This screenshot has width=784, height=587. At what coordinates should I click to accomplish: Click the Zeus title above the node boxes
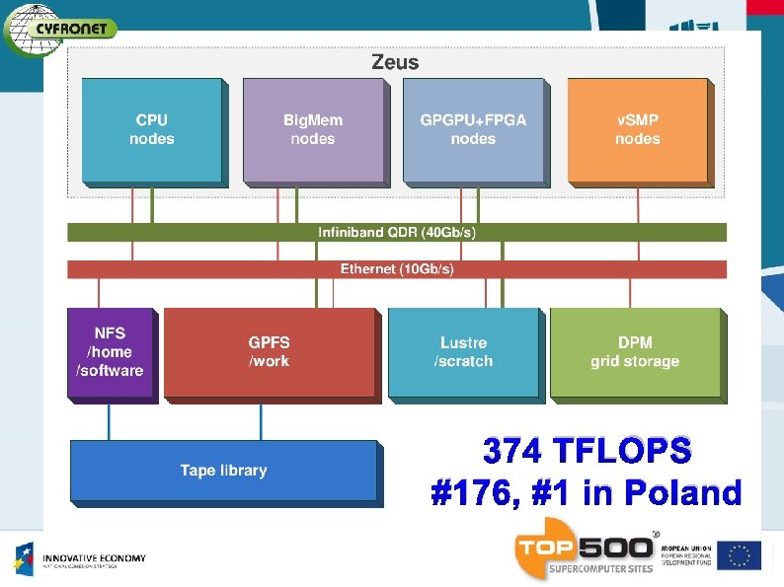(x=395, y=62)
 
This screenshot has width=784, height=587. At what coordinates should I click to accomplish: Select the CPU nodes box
(x=152, y=130)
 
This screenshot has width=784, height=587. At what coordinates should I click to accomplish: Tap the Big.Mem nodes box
(x=313, y=130)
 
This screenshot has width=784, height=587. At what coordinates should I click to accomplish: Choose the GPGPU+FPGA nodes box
(x=473, y=130)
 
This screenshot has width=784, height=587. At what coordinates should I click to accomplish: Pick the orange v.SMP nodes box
(x=637, y=130)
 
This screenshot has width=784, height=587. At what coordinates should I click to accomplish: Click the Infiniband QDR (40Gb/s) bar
(x=397, y=233)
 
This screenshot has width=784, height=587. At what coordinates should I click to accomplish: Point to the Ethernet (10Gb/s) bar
(x=397, y=268)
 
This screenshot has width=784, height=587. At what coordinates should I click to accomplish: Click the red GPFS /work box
(x=270, y=352)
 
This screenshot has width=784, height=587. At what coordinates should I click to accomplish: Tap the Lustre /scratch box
(x=463, y=352)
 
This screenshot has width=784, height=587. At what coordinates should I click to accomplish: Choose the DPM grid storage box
(x=635, y=352)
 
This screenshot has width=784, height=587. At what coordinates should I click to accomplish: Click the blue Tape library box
(x=223, y=471)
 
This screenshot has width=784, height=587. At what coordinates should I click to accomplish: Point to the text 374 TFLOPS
(x=587, y=451)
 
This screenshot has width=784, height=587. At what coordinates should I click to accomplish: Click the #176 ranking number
(x=470, y=492)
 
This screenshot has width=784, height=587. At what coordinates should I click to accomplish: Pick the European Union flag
(x=739, y=555)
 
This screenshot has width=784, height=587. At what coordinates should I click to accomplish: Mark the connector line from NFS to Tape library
(x=109, y=421)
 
